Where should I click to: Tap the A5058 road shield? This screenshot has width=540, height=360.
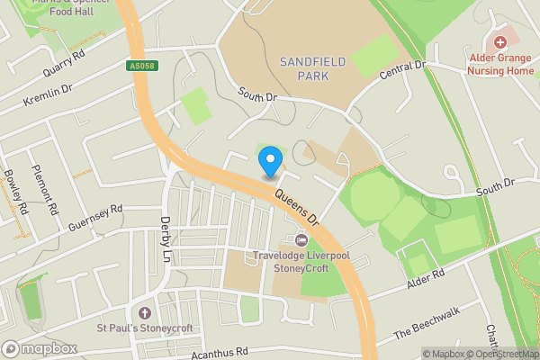136,66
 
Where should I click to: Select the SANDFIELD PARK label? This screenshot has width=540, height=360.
303,68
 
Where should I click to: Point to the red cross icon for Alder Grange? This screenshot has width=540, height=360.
499,41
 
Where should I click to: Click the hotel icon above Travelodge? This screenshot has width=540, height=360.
301,240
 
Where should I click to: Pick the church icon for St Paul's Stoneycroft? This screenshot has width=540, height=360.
144,312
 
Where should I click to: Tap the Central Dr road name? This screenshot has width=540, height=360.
402,71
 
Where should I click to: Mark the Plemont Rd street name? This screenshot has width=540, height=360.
44,190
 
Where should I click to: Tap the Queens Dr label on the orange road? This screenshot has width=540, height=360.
297,205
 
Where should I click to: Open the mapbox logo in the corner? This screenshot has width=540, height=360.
40,348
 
